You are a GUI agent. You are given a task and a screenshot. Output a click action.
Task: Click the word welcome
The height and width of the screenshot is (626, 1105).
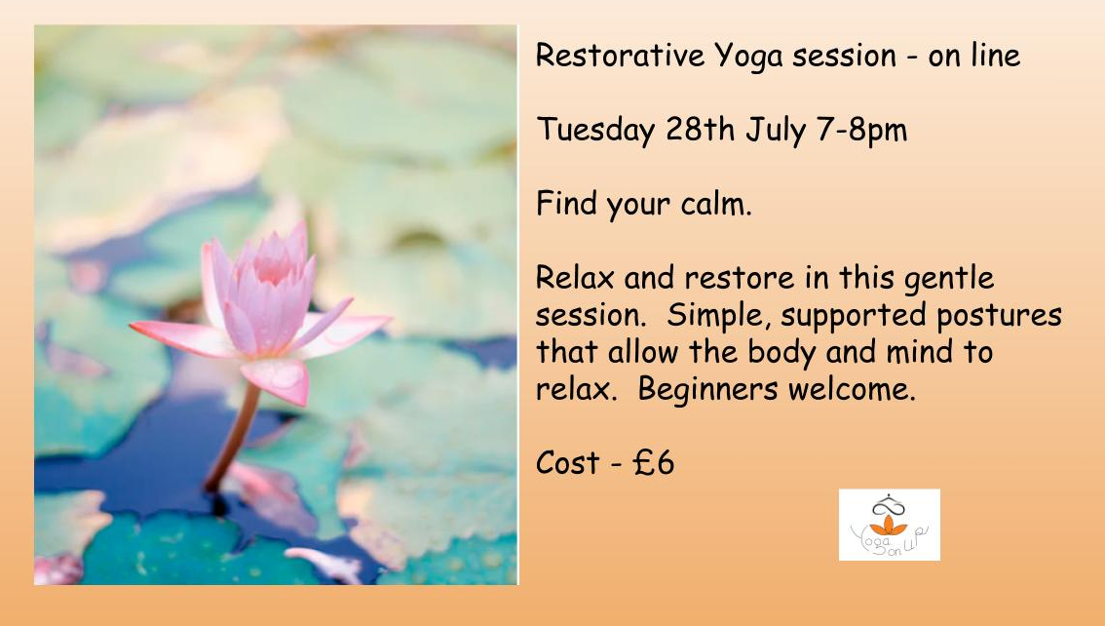pos(859,389)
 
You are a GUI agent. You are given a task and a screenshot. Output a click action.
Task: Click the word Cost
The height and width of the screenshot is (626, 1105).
pos(568,463)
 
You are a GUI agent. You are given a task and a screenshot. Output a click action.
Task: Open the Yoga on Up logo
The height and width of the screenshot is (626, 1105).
pos(889,526)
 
